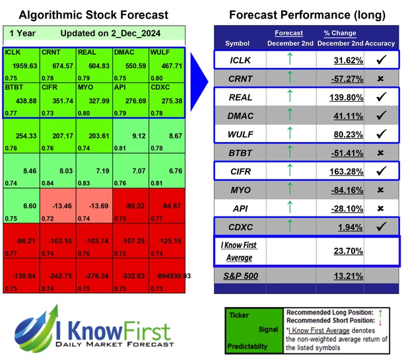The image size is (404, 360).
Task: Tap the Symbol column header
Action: pos(238,44)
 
